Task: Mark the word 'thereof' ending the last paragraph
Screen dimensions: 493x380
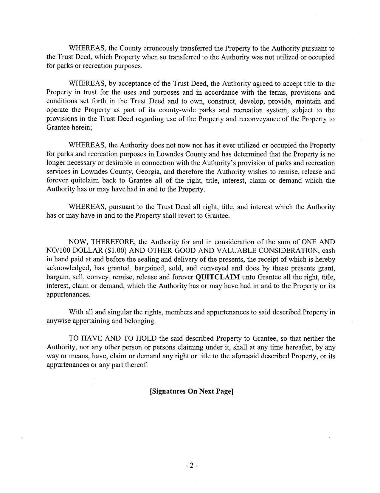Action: pyautogui.click(x=138, y=365)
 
